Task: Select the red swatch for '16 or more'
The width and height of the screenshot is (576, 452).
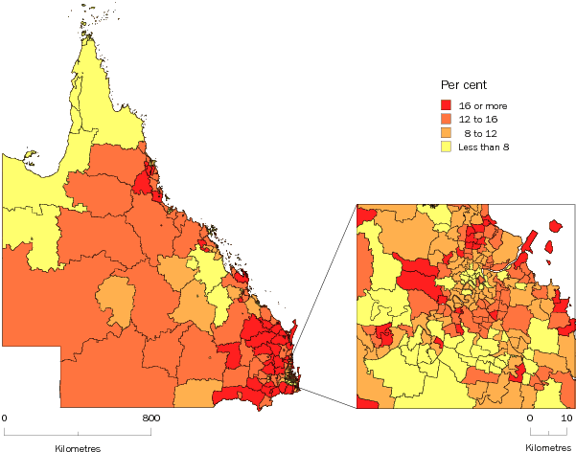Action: click(446, 105)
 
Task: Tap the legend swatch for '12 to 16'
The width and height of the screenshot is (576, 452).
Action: click(446, 120)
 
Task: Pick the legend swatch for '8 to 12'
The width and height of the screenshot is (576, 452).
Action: click(446, 133)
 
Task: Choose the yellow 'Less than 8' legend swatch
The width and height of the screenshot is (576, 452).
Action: click(446, 147)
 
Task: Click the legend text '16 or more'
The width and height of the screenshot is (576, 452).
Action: click(481, 105)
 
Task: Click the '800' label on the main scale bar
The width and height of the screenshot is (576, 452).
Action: click(150, 418)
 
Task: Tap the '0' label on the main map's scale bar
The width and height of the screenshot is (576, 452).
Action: click(5, 418)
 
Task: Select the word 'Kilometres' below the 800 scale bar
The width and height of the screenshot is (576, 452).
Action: click(77, 446)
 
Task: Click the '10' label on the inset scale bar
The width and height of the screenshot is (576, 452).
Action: click(567, 418)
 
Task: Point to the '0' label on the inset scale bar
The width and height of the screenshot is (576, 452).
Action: click(528, 418)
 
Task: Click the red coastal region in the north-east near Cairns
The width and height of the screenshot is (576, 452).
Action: click(147, 179)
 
